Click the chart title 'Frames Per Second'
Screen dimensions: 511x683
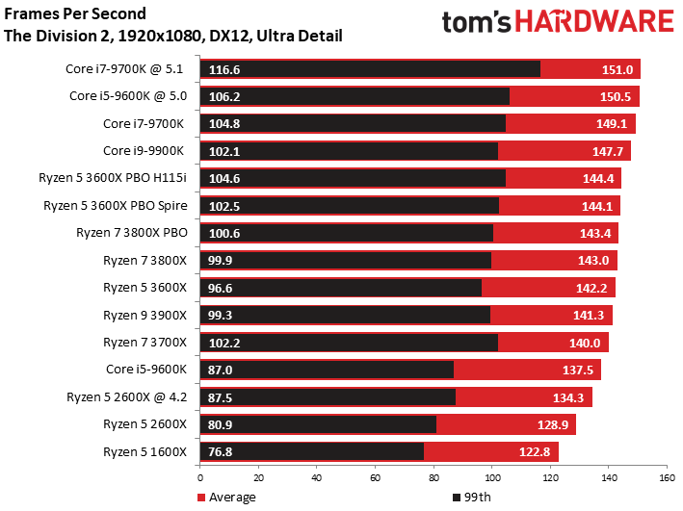(x=76, y=14)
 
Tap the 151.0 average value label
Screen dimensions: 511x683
(x=617, y=69)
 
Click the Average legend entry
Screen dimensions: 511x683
(x=228, y=497)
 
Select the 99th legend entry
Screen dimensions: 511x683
(x=473, y=497)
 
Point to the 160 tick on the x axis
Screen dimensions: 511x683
(x=666, y=476)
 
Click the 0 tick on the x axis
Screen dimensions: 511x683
(x=199, y=476)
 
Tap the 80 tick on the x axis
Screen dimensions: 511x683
(x=433, y=476)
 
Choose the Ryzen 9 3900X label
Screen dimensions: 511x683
(x=144, y=315)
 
